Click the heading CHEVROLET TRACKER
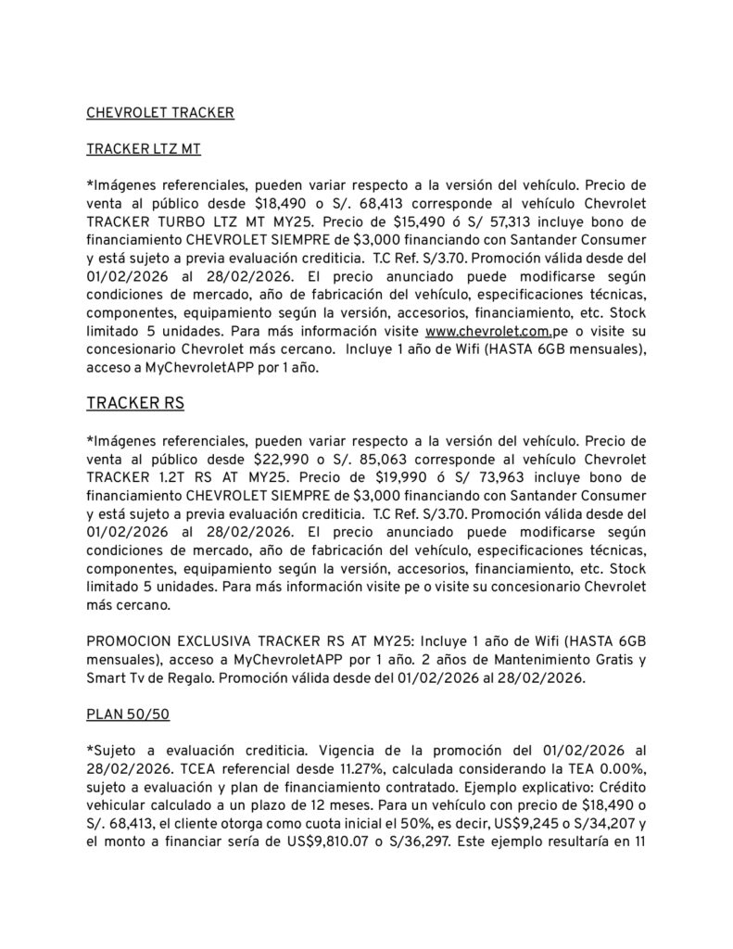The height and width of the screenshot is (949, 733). (159, 113)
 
